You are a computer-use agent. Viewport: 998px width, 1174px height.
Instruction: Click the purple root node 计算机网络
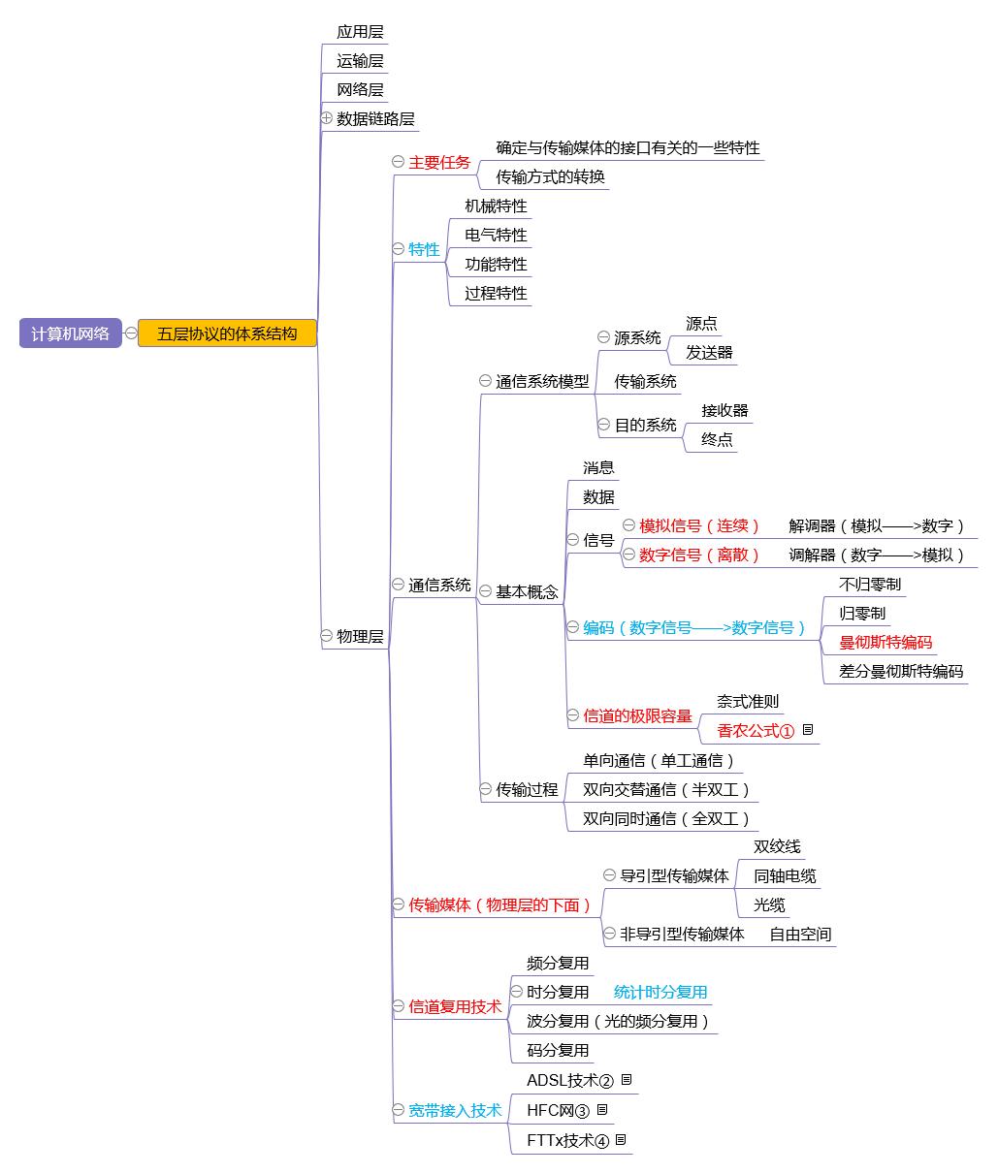(x=70, y=333)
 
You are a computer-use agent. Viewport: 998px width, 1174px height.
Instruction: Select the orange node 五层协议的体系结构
(x=227, y=333)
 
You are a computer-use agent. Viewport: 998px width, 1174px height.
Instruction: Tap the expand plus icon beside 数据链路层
(x=327, y=117)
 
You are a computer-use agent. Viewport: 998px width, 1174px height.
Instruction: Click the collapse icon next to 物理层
(x=327, y=636)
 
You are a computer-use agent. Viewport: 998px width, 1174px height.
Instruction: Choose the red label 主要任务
(x=439, y=162)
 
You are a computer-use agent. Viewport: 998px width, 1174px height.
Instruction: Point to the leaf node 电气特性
(x=496, y=235)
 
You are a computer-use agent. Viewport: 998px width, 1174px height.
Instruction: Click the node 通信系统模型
(x=542, y=381)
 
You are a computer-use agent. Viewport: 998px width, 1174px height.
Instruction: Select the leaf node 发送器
(x=709, y=352)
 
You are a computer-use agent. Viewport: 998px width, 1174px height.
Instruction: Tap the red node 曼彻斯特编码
(x=885, y=642)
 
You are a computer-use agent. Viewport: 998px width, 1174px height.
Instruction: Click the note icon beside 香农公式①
(x=808, y=729)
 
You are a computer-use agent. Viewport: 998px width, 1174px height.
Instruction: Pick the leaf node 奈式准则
(x=748, y=701)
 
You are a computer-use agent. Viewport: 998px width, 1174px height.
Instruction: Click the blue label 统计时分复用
(x=660, y=992)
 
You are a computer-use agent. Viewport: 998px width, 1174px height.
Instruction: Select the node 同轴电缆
(x=785, y=875)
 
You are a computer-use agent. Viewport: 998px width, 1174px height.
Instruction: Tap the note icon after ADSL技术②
(x=627, y=1079)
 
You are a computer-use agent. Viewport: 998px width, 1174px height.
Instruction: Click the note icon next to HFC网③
(x=602, y=1109)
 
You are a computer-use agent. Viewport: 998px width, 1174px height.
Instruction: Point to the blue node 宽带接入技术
(x=455, y=1110)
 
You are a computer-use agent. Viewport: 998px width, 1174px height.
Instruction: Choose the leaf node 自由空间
(x=800, y=934)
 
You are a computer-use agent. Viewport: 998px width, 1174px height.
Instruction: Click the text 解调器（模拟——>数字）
(x=877, y=525)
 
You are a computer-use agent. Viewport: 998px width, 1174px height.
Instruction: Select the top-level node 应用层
(x=360, y=32)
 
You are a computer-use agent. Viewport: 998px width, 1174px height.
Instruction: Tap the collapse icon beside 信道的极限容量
(x=573, y=715)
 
